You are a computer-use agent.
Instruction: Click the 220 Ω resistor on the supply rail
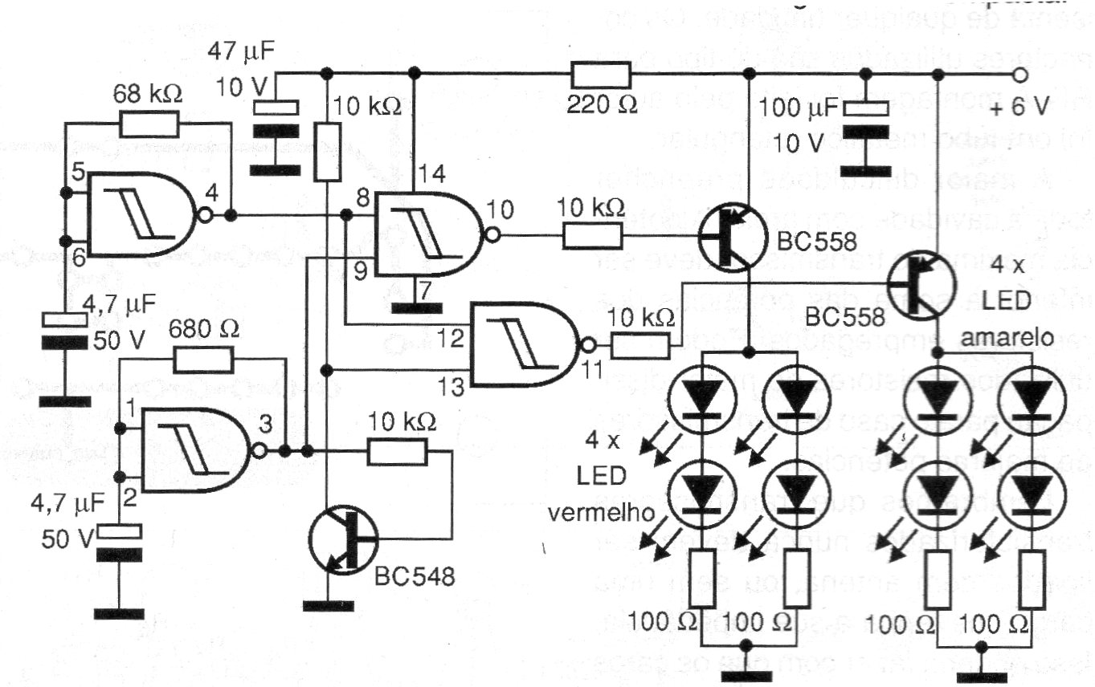click(x=601, y=75)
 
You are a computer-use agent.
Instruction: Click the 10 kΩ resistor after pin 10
click(x=592, y=235)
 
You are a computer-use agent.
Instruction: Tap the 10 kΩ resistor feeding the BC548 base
click(x=398, y=452)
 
